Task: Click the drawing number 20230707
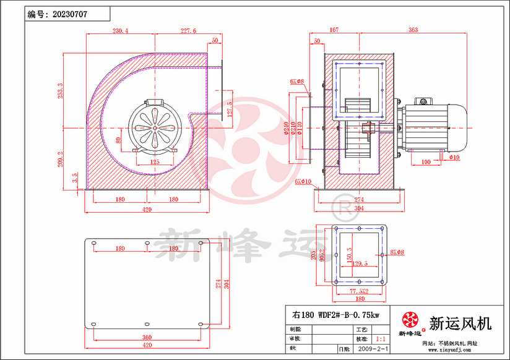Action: pos(69,13)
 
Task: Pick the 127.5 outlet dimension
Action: pos(230,109)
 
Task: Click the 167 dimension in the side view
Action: pos(334,30)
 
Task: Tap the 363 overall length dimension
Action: pos(430,30)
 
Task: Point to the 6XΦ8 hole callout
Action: pos(296,81)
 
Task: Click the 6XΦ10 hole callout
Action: pos(303,181)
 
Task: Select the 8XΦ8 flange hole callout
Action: pos(397,252)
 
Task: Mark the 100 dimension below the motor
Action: pos(426,161)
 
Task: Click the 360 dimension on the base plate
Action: pos(146,338)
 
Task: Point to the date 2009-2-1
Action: pos(373,349)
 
